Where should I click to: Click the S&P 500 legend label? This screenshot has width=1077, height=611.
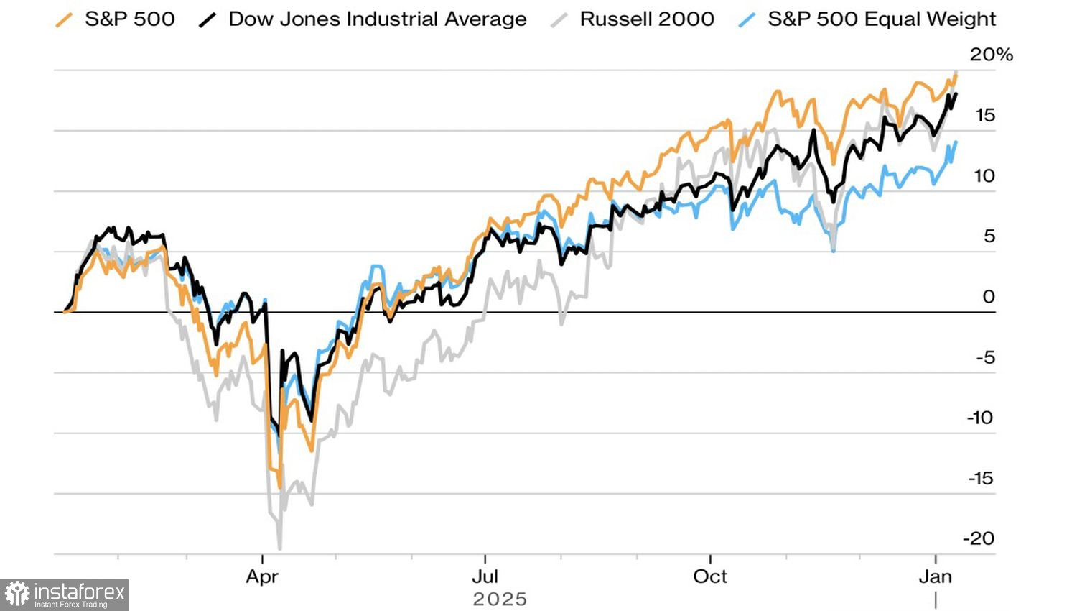coord(130,19)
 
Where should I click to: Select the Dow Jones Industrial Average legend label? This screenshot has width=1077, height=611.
coord(377,19)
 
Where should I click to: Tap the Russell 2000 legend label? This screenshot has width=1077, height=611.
coord(647,19)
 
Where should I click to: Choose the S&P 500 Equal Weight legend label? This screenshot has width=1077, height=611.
coord(882,19)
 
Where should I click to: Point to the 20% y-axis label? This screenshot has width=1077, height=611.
coord(991,55)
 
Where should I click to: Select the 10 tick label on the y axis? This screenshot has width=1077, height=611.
coord(984,176)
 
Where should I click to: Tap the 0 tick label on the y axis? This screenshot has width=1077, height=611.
coord(989,297)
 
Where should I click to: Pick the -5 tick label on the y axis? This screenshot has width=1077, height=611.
coord(985,357)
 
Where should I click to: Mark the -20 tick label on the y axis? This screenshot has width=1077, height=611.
coord(979,538)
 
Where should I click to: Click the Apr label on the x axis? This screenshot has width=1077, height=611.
coord(262,576)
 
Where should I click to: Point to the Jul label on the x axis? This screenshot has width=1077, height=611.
coord(485,576)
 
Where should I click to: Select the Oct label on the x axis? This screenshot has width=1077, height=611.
coord(710,576)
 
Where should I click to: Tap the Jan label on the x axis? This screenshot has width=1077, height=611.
coord(936,576)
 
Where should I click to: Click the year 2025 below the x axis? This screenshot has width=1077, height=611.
coord(500,599)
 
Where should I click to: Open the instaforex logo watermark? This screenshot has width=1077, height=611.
coord(65,594)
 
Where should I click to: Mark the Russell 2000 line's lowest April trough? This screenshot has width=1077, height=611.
coord(279,548)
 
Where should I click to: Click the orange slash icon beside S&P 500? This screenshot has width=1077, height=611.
coord(65,20)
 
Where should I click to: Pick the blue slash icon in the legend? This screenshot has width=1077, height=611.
coord(747,20)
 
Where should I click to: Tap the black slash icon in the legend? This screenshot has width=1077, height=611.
coord(208,20)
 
